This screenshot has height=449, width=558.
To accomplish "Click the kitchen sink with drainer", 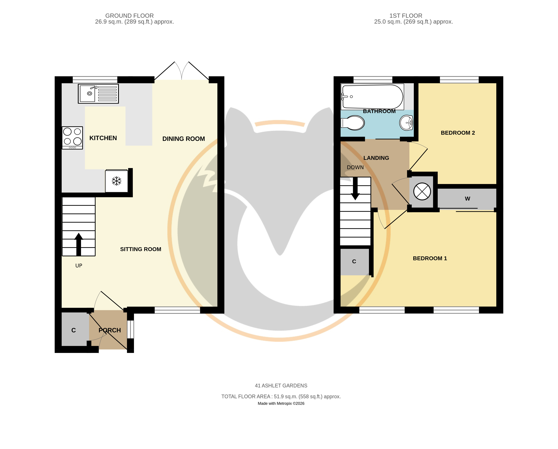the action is click(98, 94).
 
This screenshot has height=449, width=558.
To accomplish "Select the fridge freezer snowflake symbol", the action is click(116, 181).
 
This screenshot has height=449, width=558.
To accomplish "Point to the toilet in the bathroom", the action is click(353, 123).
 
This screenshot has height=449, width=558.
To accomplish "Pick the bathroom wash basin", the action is click(406, 123).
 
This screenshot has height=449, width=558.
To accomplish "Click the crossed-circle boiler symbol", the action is click(422, 191).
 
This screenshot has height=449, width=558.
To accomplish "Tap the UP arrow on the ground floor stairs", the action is click(78, 244).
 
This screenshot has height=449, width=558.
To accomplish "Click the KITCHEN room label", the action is click(103, 138).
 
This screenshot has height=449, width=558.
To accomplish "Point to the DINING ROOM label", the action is click(184, 139).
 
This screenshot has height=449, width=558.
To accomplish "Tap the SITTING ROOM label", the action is click(141, 249).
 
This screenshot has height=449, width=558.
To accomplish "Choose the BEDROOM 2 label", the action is click(458, 133).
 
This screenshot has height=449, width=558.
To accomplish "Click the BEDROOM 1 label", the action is click(430, 258).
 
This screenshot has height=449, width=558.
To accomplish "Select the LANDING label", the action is click(376, 158).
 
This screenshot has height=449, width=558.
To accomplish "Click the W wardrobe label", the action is click(467, 199).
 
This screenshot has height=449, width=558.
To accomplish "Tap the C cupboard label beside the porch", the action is click(74, 330).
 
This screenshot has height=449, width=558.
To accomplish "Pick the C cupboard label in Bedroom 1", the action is click(354, 261).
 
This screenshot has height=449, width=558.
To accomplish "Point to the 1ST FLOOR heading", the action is click(406, 16).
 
